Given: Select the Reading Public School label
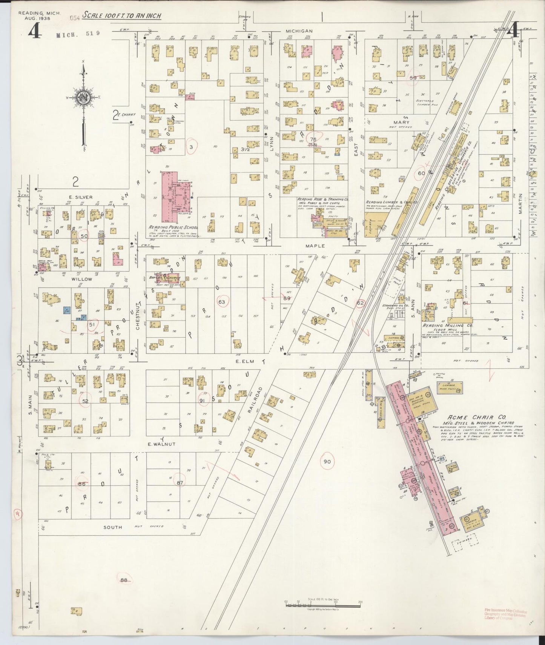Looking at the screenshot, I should pyautogui.click(x=173, y=228).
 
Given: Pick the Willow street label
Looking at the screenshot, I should pyautogui.click(x=83, y=279).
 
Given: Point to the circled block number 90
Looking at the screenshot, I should pyautogui.click(x=327, y=461).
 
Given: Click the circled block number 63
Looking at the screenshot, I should pyautogui.click(x=221, y=302).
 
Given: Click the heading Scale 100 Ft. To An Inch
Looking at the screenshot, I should pyautogui.click(x=122, y=16).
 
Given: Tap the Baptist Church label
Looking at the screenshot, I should pyautogui.click(x=167, y=278).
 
